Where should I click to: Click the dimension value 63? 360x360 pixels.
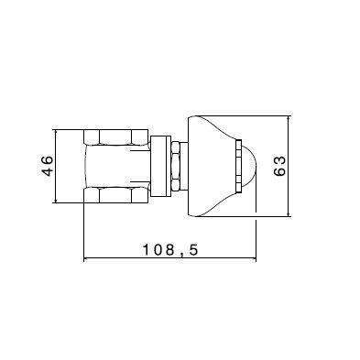(x=280, y=166)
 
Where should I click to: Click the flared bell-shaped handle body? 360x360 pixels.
(x=213, y=167)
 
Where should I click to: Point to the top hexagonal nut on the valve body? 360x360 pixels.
(x=115, y=137)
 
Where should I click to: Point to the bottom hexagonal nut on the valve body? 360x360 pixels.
(x=115, y=194)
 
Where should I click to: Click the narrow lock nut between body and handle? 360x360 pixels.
(x=171, y=167)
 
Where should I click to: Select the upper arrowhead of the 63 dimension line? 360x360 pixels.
(x=289, y=119)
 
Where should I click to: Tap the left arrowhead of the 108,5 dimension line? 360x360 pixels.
(x=87, y=259)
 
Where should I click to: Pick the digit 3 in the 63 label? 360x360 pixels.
(x=280, y=158)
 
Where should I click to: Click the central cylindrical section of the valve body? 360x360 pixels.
(x=115, y=167)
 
